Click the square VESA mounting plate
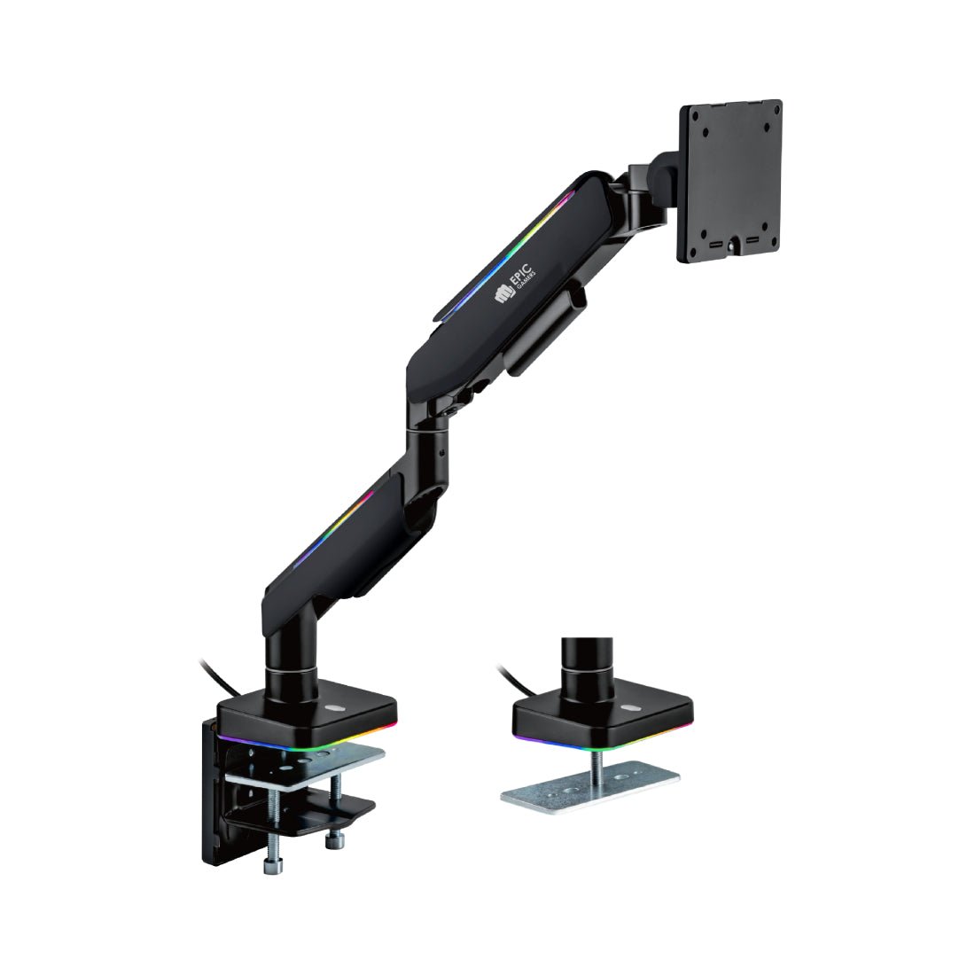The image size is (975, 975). pos(729,180)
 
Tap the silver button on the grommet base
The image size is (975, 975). pos(629,707)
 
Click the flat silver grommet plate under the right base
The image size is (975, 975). pos(590,786)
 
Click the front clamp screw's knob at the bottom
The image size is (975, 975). pos(272,865)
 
